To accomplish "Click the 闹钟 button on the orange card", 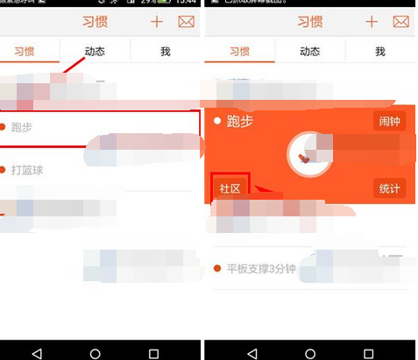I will coord(389,122).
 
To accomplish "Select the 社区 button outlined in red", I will coord(230,188).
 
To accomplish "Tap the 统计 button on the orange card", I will coord(389,188).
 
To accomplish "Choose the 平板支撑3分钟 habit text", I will coord(260,268).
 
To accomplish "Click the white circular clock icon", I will coord(308,154).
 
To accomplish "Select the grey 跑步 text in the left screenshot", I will coord(22,127).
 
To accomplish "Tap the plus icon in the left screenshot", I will coord(158,22).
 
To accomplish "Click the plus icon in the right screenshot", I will coord(372,22).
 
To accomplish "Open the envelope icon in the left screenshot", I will coord(187,22).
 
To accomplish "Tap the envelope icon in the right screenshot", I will coord(400,22).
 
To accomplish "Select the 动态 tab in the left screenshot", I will coord(94,52).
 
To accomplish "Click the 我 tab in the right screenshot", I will coord(380,52).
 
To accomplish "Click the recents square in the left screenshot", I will coord(154,352).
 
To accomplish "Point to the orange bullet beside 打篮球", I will coord(4,169).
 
